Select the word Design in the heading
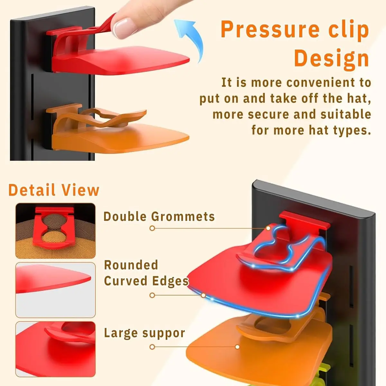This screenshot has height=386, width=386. click(x=331, y=58)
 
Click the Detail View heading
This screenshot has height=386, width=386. click(x=54, y=190)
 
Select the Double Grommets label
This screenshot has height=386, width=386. click(x=159, y=216)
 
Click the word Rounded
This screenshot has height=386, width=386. click(x=131, y=265)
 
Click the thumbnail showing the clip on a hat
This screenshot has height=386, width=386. click(x=55, y=231)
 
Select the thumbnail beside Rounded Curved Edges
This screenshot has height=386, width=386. click(x=55, y=290)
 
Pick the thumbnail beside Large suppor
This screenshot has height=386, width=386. click(x=55, y=349)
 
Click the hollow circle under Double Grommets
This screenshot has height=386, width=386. click(x=152, y=228)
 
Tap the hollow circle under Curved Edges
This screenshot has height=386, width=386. click(x=152, y=295)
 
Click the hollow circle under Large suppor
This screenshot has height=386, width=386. click(x=152, y=347)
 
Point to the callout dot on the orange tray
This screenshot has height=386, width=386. click(x=237, y=347)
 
